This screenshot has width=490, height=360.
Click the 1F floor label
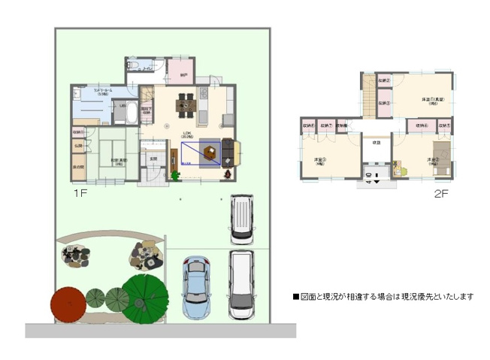point(81,193)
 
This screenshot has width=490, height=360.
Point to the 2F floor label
point(440,193)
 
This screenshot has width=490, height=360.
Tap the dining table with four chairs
point(185,105)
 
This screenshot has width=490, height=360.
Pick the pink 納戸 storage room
point(184,72)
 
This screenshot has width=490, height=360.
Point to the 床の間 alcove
point(78,166)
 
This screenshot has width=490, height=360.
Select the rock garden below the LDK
point(146,255)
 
